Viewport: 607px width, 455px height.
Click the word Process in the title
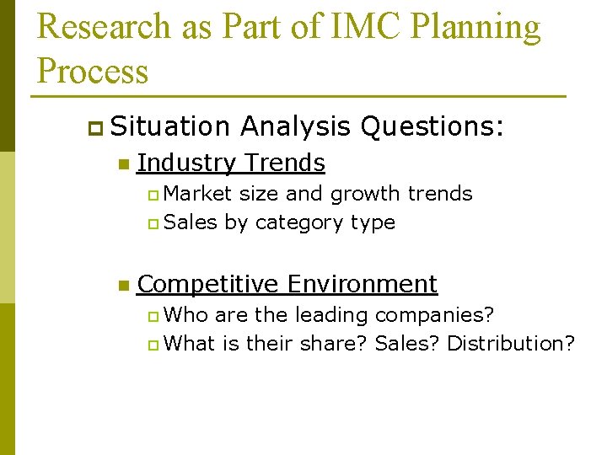[x=93, y=71]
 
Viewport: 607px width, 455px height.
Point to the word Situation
[x=169, y=126]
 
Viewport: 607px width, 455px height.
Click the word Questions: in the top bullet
[x=432, y=126]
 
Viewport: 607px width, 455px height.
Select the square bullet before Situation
[x=93, y=127]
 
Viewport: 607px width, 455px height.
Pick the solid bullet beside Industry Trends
[x=122, y=163]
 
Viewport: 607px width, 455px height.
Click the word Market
[x=198, y=194]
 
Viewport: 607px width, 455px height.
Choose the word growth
[x=365, y=194]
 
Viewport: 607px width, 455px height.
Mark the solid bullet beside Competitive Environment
[x=122, y=286]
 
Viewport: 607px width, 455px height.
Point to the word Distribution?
[x=511, y=344]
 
